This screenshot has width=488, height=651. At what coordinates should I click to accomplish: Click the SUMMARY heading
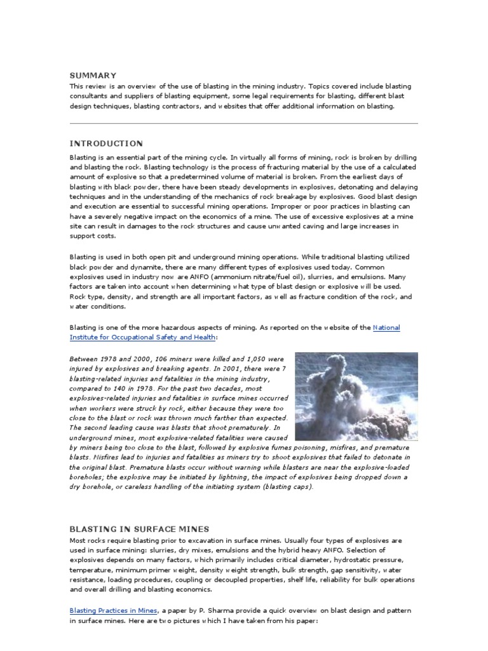coord(93,75)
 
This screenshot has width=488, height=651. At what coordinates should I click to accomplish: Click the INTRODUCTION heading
coord(106,144)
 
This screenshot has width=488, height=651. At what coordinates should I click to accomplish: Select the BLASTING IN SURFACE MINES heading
coord(139,529)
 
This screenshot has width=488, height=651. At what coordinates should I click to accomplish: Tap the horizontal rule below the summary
coord(243,123)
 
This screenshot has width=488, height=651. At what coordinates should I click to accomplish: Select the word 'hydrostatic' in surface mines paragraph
coord(351,559)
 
